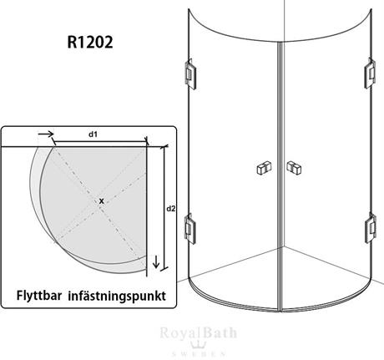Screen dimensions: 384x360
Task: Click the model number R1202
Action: (90, 43)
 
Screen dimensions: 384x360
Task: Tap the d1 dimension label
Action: (93, 134)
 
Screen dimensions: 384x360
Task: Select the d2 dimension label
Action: (171, 208)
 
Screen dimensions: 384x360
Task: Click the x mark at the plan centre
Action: (102, 200)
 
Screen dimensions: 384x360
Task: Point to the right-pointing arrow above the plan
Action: (46, 134)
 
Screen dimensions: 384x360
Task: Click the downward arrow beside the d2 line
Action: (156, 262)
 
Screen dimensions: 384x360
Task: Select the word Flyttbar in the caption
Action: (39, 296)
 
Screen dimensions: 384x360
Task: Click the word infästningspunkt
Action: (117, 296)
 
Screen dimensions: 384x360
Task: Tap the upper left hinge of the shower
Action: (190, 74)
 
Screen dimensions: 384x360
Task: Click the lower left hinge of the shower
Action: (190, 229)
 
